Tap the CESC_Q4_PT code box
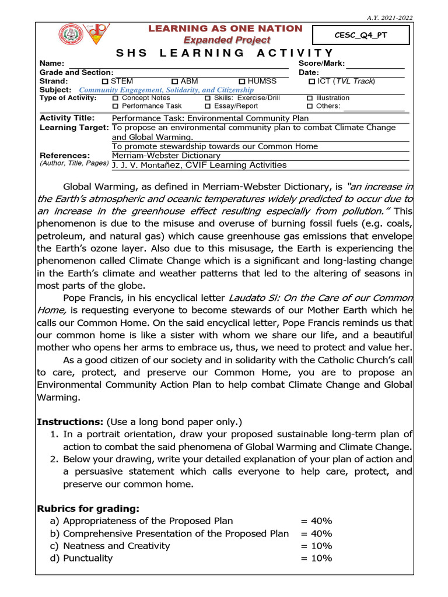pos(360,36)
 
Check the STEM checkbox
pos(105,82)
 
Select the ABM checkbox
pos(175,82)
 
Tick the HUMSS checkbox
pos(242,82)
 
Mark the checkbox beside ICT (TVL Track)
pos(311,82)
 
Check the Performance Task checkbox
pos(115,107)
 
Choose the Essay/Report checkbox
pos(208,107)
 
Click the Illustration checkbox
pos(310,99)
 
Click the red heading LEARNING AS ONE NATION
pos(225,29)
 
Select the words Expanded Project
pos(227,40)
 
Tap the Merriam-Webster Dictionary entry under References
pos(166,156)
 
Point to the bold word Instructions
pos(62,422)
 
